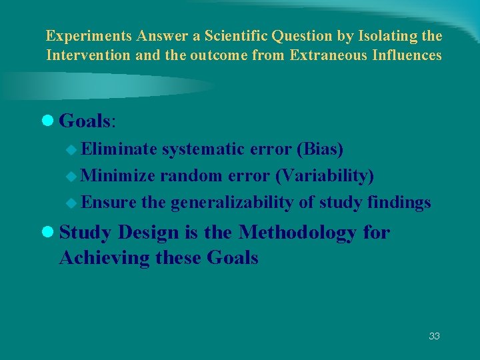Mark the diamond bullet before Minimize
[73, 176]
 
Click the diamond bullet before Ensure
[73, 203]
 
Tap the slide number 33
[434, 336]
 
